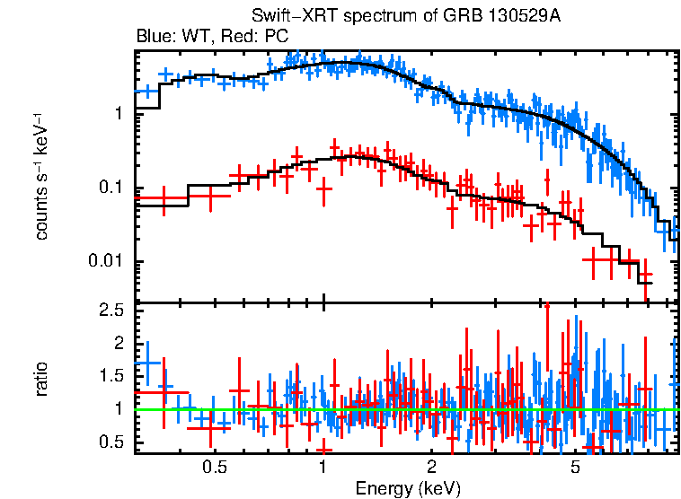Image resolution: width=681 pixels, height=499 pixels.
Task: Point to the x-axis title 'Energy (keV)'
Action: [x=408, y=488]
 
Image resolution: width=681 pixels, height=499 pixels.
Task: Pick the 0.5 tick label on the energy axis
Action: [x=214, y=467]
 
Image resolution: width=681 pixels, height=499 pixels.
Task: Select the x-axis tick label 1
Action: [x=323, y=467]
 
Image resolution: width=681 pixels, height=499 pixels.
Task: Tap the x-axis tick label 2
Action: [x=431, y=467]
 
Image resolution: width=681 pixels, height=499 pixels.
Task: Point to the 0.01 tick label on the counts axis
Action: [x=106, y=262]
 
